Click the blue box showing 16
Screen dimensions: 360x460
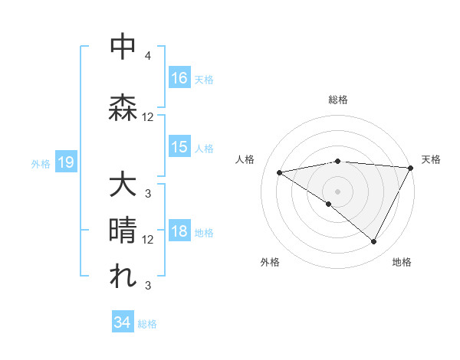coord(179,77)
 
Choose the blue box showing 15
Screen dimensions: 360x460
coord(179,148)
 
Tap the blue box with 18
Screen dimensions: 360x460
coord(179,232)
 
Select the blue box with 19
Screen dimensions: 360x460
coord(65,162)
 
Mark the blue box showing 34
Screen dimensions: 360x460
coord(123,322)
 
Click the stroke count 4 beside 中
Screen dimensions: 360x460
coord(148,56)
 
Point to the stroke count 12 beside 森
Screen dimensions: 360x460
coord(148,117)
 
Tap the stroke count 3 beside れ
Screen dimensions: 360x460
coord(148,286)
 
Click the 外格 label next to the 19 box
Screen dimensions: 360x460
coord(41,163)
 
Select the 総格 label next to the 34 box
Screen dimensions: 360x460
coord(148,324)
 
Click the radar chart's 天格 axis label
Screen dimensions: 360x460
coord(431,159)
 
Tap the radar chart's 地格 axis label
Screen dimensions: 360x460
coord(402,262)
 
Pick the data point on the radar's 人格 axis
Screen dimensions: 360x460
coord(280,172)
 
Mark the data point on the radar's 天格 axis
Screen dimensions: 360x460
coord(411,167)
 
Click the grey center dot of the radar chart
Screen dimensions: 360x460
coord(337,190)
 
